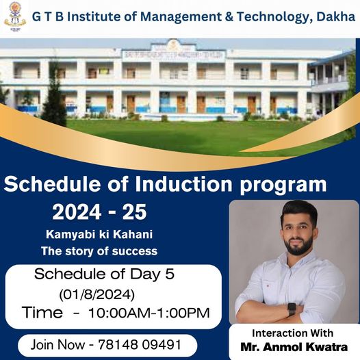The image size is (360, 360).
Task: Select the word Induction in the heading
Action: click(x=183, y=184)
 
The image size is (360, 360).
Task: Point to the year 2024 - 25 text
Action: click(x=99, y=212)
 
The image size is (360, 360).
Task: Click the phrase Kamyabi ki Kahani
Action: click(x=99, y=235)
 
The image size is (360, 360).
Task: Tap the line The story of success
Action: click(x=99, y=250)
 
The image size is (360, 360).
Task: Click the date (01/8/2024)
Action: click(x=97, y=294)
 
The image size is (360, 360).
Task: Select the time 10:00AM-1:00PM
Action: click(x=149, y=313)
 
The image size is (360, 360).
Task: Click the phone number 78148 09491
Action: click(x=140, y=345)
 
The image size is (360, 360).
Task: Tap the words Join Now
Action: click(x=57, y=345)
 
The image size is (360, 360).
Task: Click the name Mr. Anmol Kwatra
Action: click(x=294, y=347)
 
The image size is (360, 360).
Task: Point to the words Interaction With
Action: click(x=292, y=333)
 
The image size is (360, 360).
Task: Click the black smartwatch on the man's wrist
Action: click(x=292, y=309)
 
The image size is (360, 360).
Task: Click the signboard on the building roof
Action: click(x=174, y=55)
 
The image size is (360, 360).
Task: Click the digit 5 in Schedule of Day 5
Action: click(x=170, y=274)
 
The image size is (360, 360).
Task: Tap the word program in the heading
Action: click(x=283, y=185)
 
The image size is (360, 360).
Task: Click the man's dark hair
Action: click(x=299, y=211)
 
